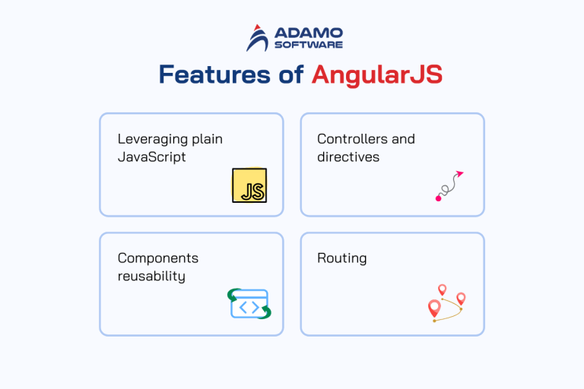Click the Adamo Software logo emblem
(x=258, y=38)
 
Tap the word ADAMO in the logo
(x=308, y=33)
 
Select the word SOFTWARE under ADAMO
(x=308, y=45)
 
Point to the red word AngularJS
(x=376, y=74)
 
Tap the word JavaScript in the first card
(x=151, y=157)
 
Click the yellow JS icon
(x=249, y=185)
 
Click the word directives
(x=348, y=157)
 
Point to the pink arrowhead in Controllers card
(x=459, y=175)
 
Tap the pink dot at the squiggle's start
(x=438, y=198)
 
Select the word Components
(x=157, y=258)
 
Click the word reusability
(x=151, y=276)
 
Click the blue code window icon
(x=249, y=304)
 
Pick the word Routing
(x=341, y=258)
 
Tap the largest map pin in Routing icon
(x=434, y=308)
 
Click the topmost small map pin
(x=442, y=289)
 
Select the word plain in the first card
(x=205, y=140)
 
